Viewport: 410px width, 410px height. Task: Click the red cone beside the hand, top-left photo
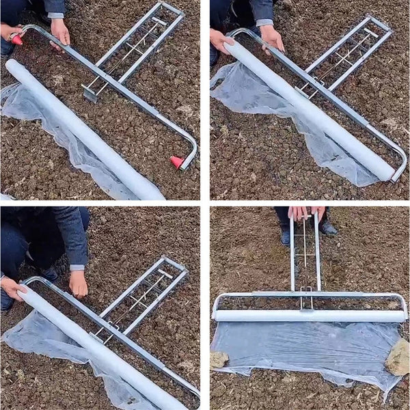pyautogui.click(x=16, y=40)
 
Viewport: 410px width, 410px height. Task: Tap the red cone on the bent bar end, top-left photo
pyautogui.click(x=177, y=162)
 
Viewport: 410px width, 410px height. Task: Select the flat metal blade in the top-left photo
pyautogui.click(x=90, y=93)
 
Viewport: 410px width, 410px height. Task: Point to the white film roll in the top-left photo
pyautogui.click(x=82, y=131)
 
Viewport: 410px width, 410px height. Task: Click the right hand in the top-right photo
pyautogui.click(x=271, y=37)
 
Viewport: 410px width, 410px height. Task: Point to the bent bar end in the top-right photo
pyautogui.click(x=399, y=167)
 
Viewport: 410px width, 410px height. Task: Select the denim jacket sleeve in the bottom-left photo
pyautogui.click(x=72, y=236)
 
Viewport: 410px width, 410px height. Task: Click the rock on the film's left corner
pyautogui.click(x=219, y=359)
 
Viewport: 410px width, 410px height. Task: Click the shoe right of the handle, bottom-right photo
pyautogui.click(x=329, y=228)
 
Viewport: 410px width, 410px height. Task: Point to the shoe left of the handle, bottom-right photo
pyautogui.click(x=285, y=236)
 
